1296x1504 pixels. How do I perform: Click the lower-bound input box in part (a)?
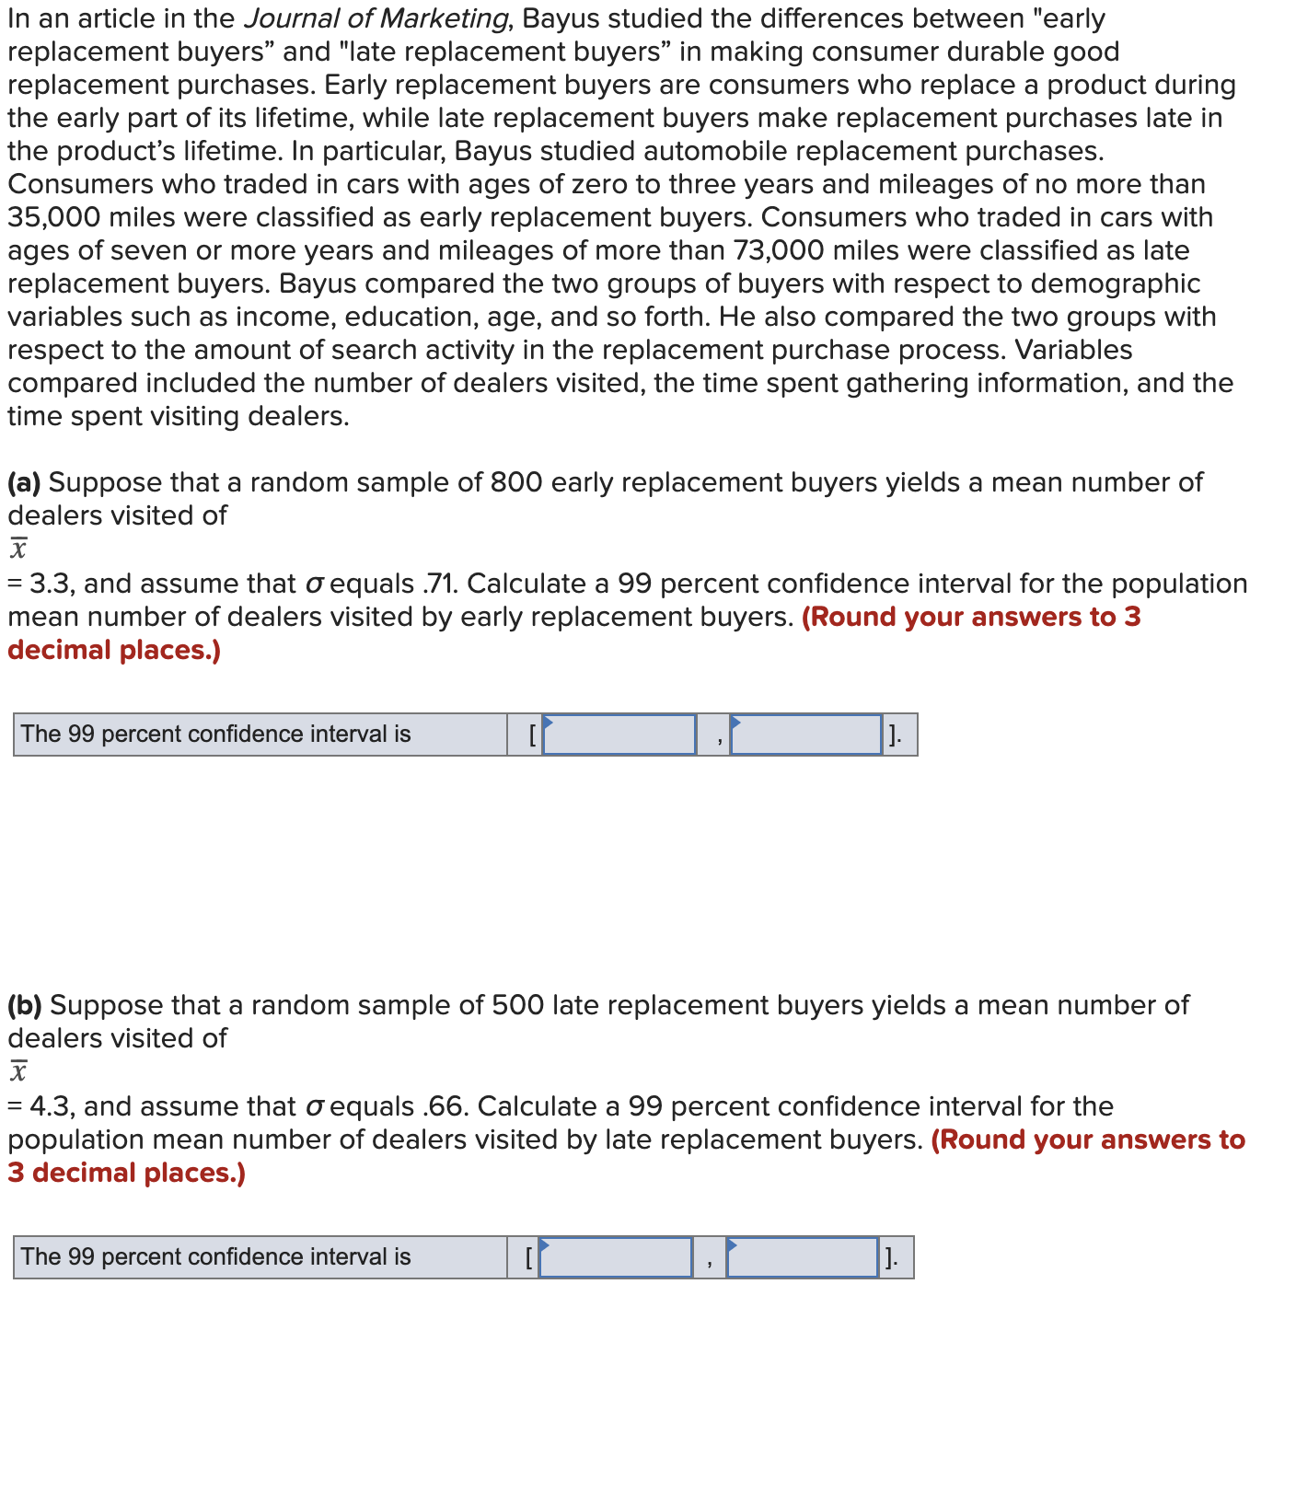[x=619, y=735]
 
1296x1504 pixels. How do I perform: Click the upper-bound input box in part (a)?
[x=805, y=735]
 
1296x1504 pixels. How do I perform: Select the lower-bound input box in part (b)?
[x=615, y=1257]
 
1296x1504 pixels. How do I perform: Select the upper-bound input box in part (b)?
[x=802, y=1257]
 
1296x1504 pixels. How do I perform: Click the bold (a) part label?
[x=24, y=482]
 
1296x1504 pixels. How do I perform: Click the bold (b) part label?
[x=25, y=1005]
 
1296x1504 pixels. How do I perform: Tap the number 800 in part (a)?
[x=515, y=482]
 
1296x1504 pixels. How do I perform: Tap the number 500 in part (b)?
[x=517, y=1005]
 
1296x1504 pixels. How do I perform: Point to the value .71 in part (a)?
[x=441, y=584]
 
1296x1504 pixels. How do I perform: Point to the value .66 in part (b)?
[x=446, y=1106]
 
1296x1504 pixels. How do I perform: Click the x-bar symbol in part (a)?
[x=18, y=549]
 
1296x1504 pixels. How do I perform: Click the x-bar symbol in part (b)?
[x=18, y=1071]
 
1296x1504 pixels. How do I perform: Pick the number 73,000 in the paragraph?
[x=780, y=250]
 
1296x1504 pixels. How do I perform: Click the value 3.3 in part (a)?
[x=49, y=584]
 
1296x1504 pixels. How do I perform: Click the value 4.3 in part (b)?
[x=50, y=1106]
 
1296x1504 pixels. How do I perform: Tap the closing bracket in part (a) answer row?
[x=893, y=735]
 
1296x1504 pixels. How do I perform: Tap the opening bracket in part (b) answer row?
[x=528, y=1257]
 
